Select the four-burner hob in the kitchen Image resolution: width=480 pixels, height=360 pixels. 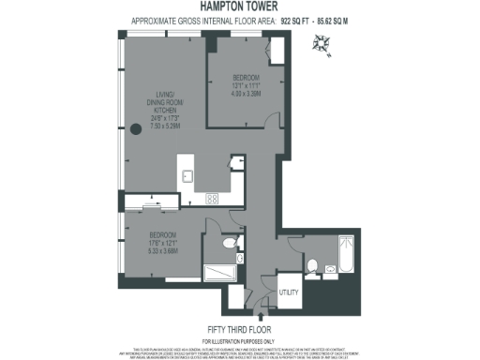pos(213,198)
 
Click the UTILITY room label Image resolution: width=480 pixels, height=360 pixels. pos(290,292)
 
